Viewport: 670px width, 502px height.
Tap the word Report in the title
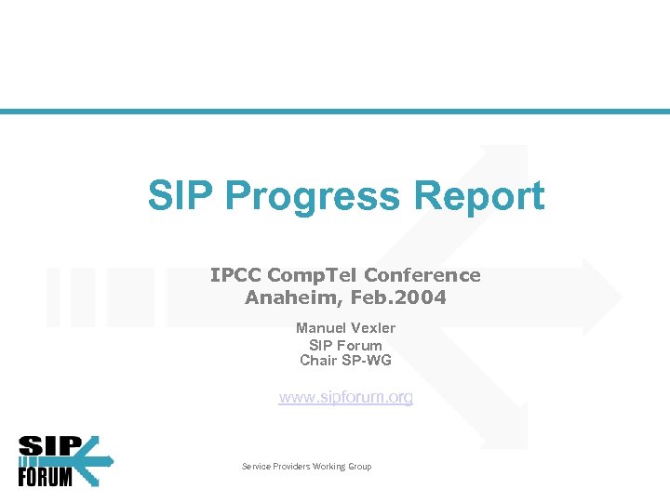coord(480,196)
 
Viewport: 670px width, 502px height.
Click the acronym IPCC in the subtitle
coord(235,275)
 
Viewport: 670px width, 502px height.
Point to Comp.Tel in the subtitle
coord(313,275)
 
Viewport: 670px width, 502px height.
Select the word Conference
coord(422,275)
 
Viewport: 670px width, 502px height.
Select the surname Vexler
coord(373,328)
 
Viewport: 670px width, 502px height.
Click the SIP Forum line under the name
coord(345,345)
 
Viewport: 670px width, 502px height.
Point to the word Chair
coord(318,361)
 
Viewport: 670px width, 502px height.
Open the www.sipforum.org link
coord(346,398)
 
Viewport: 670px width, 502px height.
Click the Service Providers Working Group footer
coord(306,467)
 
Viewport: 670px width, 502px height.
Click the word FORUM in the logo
coord(45,476)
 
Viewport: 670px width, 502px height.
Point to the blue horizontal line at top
coord(335,112)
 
